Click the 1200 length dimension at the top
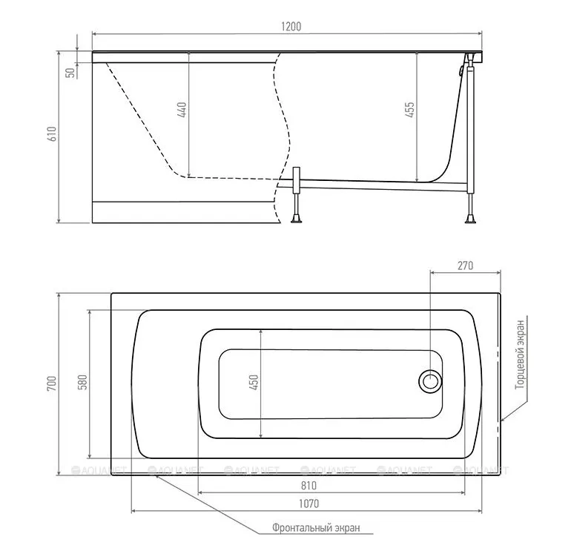tap(291, 27)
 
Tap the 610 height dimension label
tap(52, 133)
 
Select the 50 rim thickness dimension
tap(71, 73)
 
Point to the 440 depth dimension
tap(182, 110)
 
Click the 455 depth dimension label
tap(409, 110)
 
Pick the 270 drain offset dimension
tap(466, 265)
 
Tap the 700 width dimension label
tap(52, 384)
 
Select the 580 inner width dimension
tap(83, 383)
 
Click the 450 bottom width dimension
tap(254, 383)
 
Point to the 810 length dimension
tap(308, 486)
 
